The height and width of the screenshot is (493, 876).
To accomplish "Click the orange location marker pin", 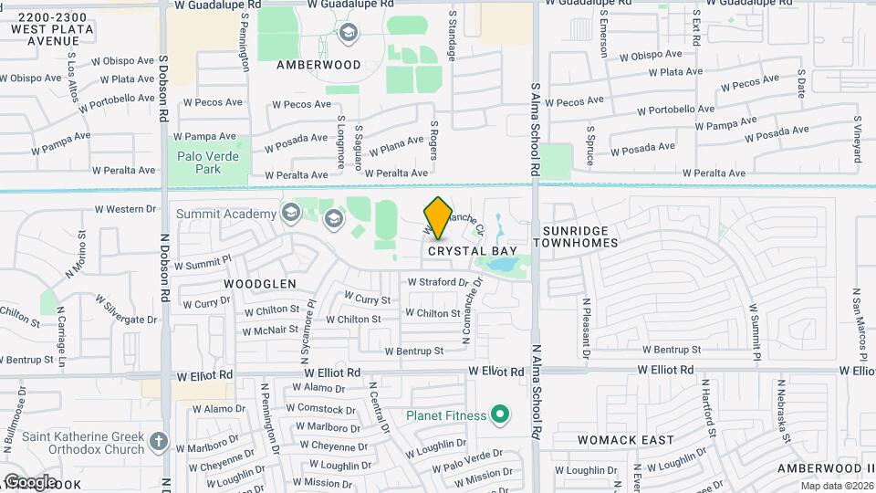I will (439, 217).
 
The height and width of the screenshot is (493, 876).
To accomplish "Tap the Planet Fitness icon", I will (499, 415).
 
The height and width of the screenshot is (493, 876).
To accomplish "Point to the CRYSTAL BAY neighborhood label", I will (473, 250).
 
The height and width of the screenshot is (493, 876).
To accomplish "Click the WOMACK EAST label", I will (626, 440).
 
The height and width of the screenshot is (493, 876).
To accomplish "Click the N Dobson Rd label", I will (166, 265).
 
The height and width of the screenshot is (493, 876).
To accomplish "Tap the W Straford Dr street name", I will (437, 282).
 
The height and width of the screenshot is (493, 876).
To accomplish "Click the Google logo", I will (29, 482).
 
